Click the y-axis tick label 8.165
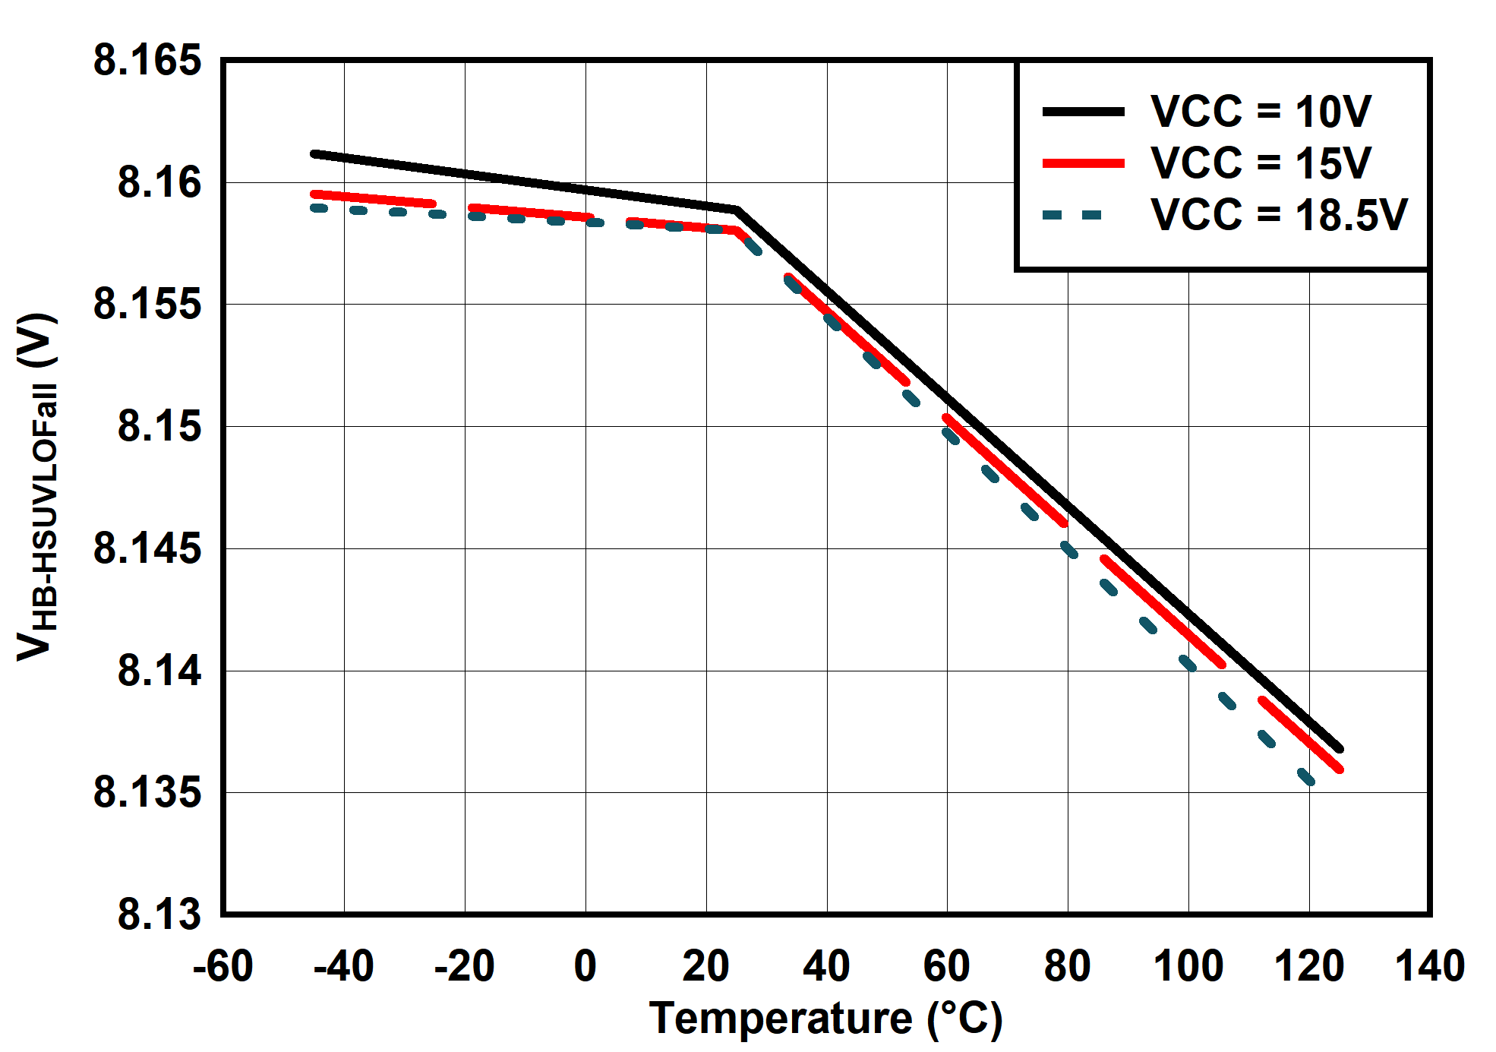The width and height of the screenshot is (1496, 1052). pos(147,60)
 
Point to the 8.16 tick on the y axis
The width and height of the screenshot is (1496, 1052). pos(159,183)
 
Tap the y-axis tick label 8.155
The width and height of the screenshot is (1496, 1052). pos(147,305)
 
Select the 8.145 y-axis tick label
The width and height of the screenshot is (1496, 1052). pos(147,548)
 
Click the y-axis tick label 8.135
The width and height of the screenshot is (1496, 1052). pos(147,793)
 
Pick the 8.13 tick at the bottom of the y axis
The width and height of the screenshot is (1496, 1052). pos(159,914)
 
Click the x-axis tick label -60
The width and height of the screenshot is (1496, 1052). pos(223,967)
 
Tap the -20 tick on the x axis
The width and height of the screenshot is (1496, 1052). pos(464,967)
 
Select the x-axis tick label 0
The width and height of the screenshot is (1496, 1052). pos(585,967)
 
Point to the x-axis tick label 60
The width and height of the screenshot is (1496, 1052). pos(947,967)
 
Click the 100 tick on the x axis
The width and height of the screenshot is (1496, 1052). pos(1188,967)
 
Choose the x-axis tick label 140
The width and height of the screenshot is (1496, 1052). pos(1430,967)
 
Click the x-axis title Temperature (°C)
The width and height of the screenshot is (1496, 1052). pos(826,1019)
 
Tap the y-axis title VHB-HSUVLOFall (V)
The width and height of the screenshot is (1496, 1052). pos(36,486)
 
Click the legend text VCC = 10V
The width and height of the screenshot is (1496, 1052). pos(1261,112)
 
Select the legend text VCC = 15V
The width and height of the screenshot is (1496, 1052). pos(1261,163)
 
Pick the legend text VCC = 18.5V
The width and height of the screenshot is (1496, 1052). pos(1279,214)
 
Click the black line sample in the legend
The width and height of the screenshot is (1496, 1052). pos(1083,112)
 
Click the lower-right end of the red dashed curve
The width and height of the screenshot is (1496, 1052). pos(1340,769)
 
